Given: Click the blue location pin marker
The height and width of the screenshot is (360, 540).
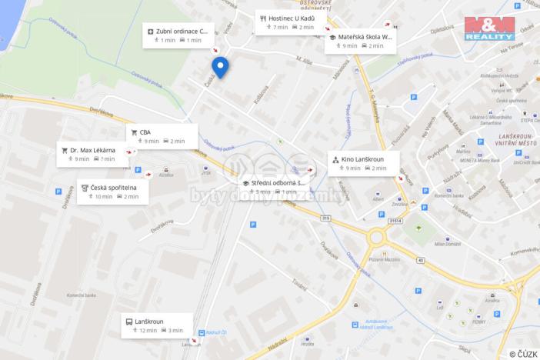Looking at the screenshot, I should pos(221,67).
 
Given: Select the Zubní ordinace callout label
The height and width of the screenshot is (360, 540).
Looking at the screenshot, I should pos(177,35).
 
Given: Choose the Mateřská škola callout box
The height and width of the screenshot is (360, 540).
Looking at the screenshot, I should pos(361,41).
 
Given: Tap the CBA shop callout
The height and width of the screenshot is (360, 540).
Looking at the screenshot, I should pos(163,136).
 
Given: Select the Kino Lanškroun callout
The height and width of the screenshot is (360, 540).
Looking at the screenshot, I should pos(362,163).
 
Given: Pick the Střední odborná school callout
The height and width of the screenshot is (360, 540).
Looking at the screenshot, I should pos(274,186).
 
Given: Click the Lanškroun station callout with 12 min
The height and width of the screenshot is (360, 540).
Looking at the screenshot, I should pos(154,325).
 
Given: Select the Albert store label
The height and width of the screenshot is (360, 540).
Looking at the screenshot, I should pos(377,198).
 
